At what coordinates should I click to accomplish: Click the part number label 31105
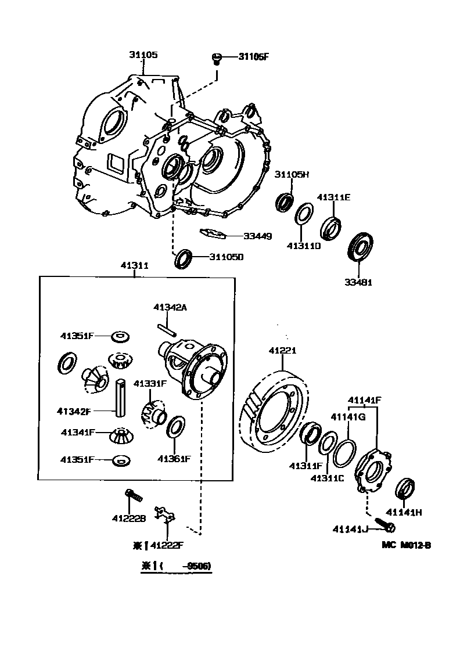[143, 55]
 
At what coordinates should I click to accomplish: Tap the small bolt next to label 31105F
[216, 58]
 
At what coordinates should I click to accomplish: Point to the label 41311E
[333, 197]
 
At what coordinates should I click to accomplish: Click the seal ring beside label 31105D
[184, 258]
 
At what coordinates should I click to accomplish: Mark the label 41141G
[347, 416]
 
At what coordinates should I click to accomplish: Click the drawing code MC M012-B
[406, 545]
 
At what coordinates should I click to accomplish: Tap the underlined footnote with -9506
[175, 566]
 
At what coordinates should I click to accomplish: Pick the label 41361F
[173, 459]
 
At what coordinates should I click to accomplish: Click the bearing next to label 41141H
[405, 488]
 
